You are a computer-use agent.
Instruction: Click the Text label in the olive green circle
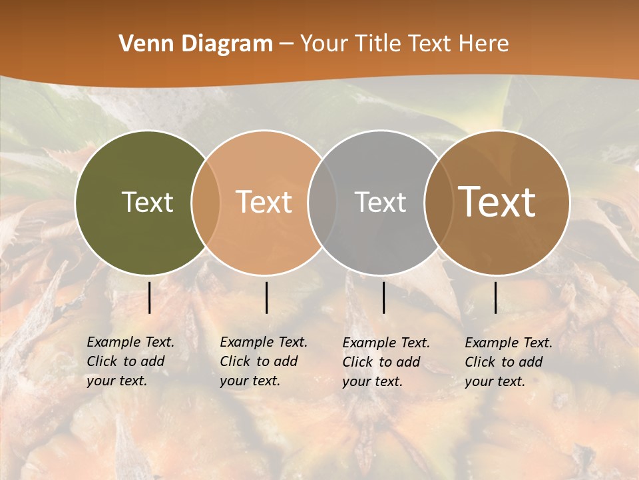pyautogui.click(x=147, y=202)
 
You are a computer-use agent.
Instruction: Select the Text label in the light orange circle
pyautogui.click(x=264, y=202)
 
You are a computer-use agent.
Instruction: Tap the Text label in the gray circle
pyautogui.click(x=380, y=202)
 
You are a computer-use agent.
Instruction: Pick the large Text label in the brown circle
pyautogui.click(x=497, y=202)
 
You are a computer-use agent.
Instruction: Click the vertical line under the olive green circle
pyautogui.click(x=149, y=297)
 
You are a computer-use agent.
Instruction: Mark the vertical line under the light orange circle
pyautogui.click(x=266, y=297)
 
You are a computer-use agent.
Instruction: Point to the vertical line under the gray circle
pyautogui.click(x=383, y=297)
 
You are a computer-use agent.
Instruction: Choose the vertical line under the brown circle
pyautogui.click(x=496, y=297)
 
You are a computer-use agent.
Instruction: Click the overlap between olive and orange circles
pyautogui.click(x=206, y=202)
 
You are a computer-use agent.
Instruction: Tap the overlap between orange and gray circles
pyautogui.click(x=321, y=202)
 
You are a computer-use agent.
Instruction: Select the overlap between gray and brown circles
pyautogui.click(x=437, y=202)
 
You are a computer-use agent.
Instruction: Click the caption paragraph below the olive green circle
pyautogui.click(x=130, y=361)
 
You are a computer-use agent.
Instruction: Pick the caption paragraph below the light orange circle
pyautogui.click(x=264, y=361)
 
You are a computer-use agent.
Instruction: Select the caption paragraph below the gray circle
pyautogui.click(x=386, y=362)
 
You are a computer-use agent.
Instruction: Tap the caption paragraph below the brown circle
pyautogui.click(x=509, y=362)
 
